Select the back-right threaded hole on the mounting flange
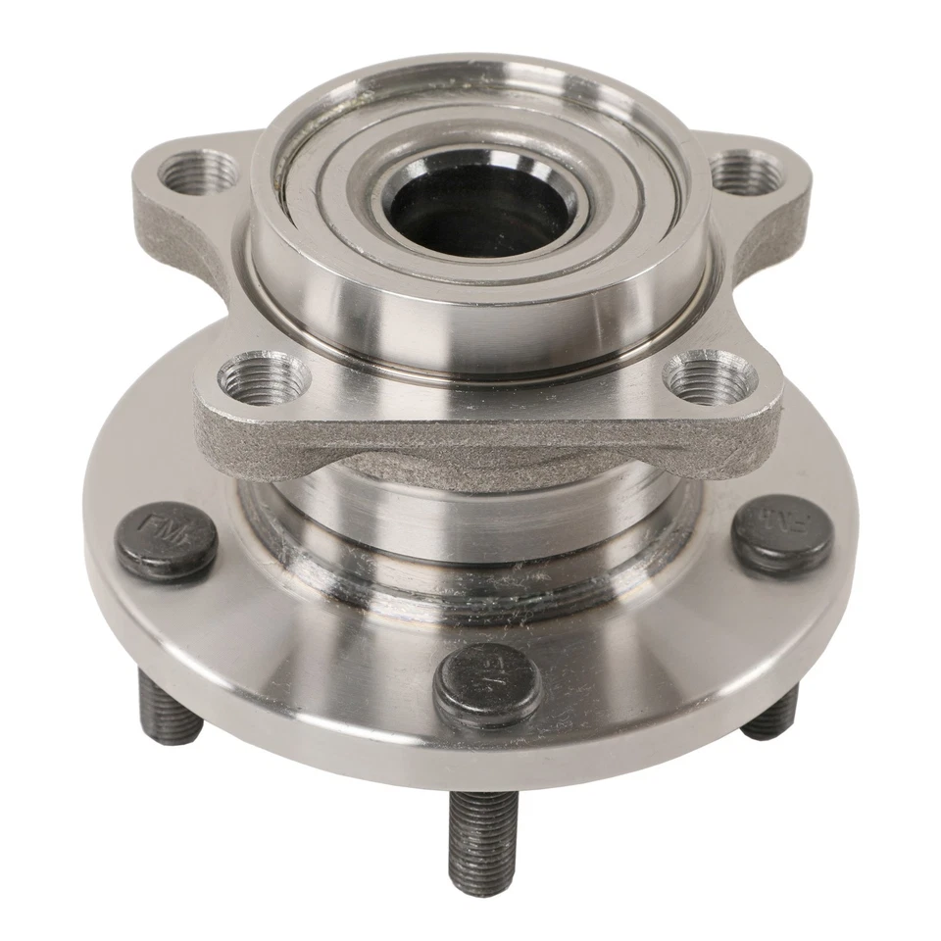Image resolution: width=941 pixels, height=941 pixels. pyautogui.click(x=746, y=173)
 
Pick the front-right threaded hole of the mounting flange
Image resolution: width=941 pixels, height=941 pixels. pyautogui.click(x=709, y=377)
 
